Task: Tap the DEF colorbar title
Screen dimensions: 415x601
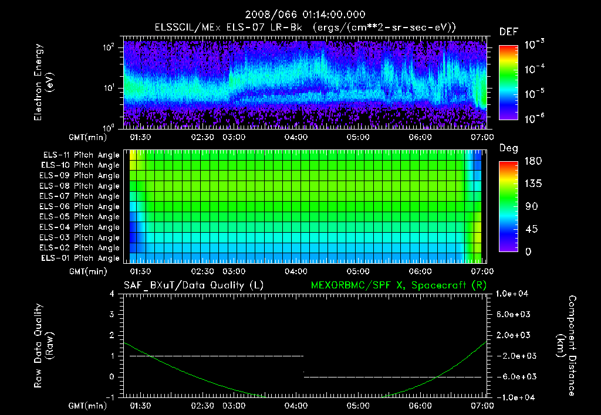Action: [508, 32]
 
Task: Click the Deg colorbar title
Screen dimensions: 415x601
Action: [508, 148]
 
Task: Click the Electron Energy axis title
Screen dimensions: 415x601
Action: [43, 82]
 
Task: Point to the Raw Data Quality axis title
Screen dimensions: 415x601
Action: [43, 346]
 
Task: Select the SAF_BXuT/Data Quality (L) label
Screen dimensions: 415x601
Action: [193, 285]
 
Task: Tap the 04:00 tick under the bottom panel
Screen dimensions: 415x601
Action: [296, 405]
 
